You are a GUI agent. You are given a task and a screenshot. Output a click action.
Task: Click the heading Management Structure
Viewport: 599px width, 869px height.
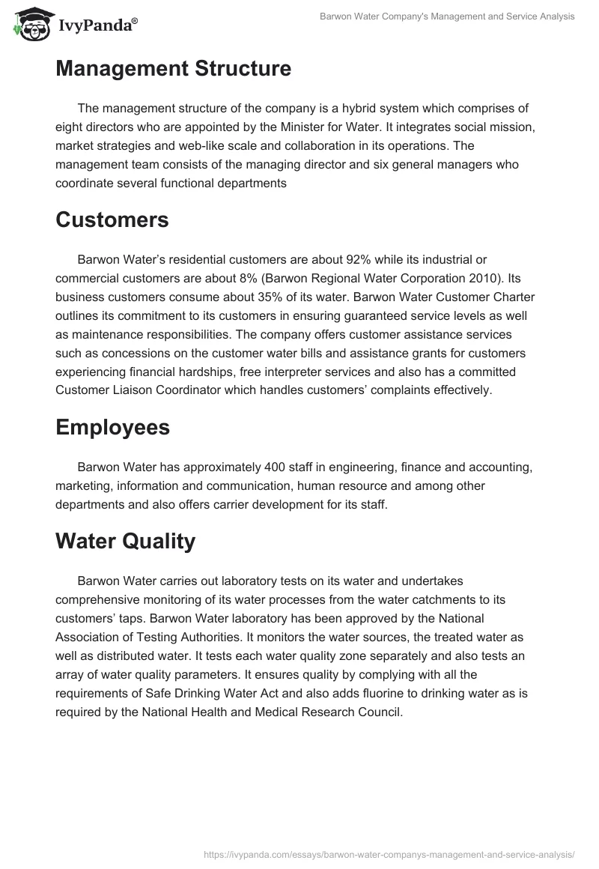tap(173, 69)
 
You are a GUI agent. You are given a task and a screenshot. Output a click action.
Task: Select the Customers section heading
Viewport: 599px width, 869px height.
tap(112, 219)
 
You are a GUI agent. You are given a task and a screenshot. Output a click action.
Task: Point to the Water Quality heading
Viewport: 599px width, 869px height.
tap(125, 541)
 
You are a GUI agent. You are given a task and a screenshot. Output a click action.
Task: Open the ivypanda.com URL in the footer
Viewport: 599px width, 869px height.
tap(389, 853)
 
